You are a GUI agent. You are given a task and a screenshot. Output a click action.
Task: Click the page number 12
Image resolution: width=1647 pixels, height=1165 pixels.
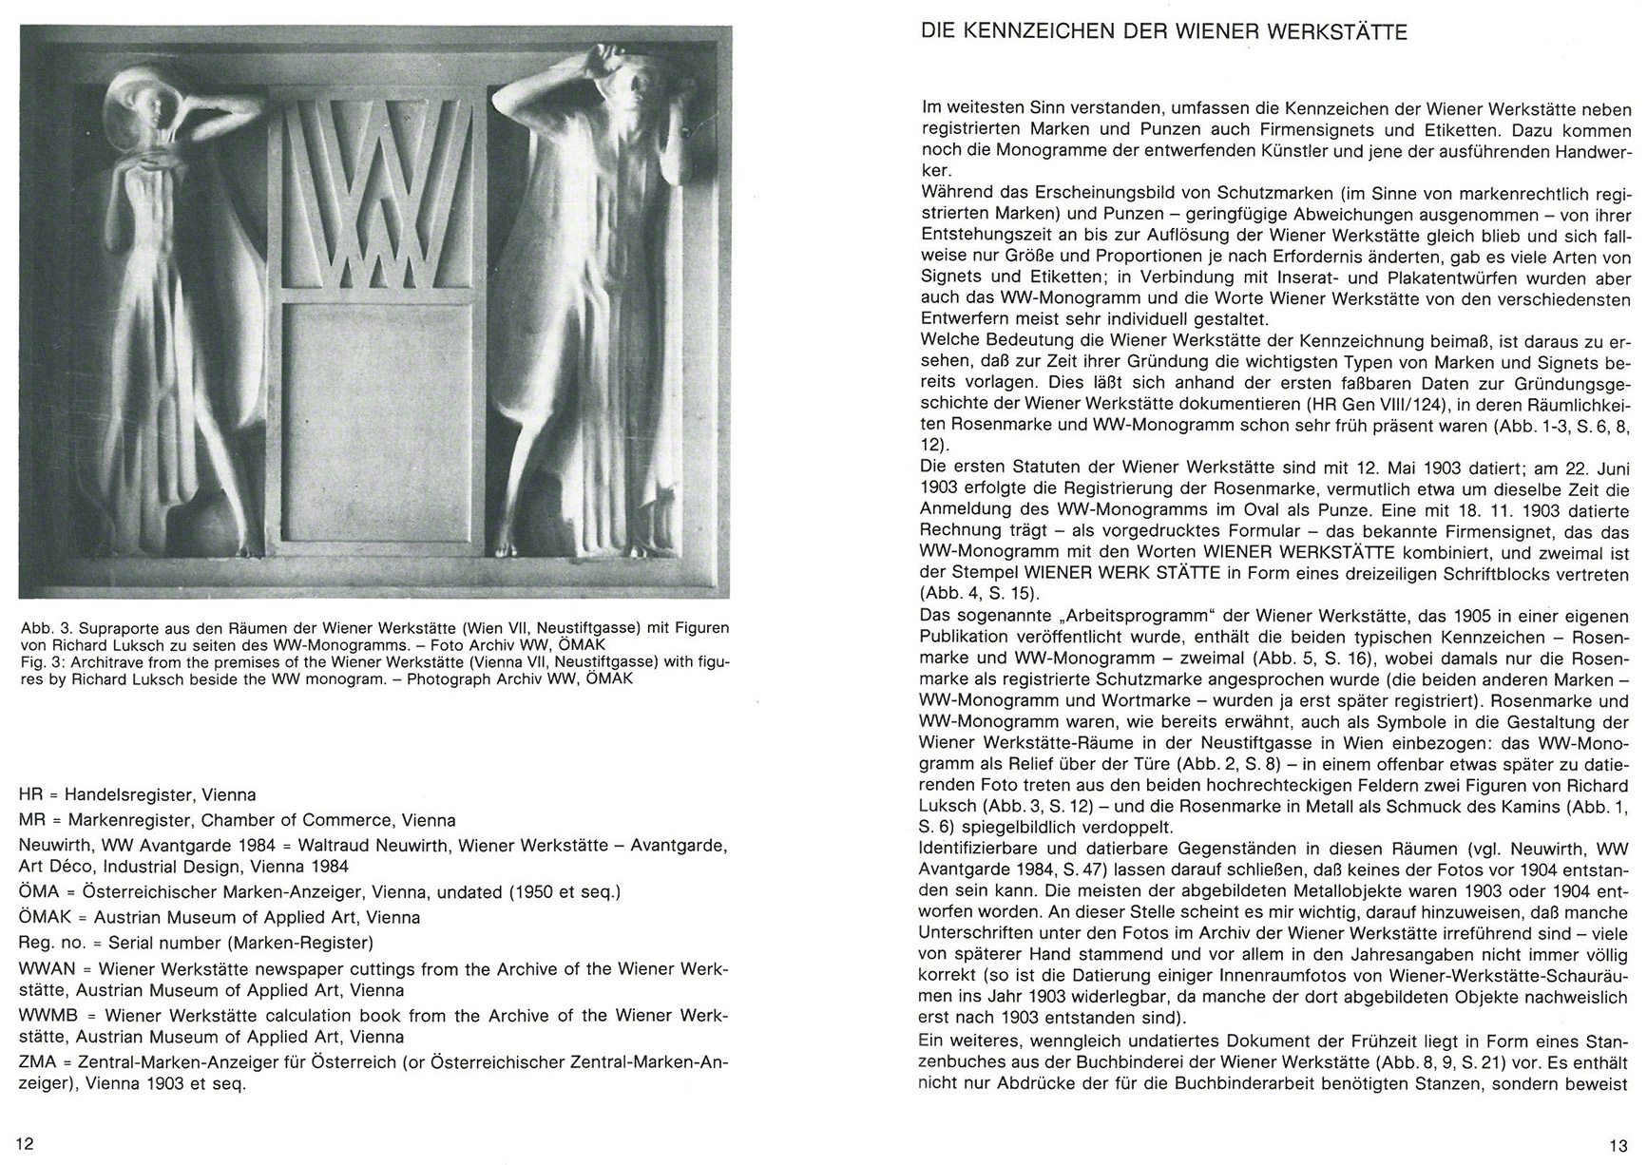(x=26, y=1143)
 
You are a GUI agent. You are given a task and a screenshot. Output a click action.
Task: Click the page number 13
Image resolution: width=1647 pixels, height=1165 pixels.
(x=1618, y=1145)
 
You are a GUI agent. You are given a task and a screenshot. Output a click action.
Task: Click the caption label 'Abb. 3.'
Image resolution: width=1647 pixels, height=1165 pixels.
(x=47, y=628)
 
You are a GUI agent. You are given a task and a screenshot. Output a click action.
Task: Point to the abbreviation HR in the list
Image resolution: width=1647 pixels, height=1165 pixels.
(x=30, y=794)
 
